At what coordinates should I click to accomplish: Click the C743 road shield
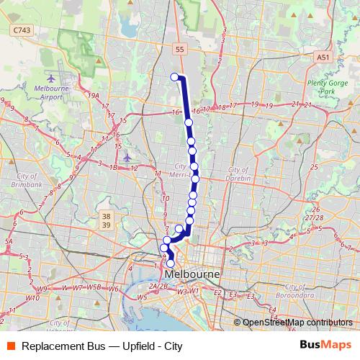[22, 30]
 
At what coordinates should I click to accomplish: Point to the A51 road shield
[324, 55]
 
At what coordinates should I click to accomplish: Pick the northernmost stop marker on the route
[174, 77]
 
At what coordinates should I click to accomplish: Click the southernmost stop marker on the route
[171, 264]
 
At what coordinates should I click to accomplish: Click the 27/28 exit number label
[313, 217]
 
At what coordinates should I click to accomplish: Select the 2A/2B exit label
[158, 286]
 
